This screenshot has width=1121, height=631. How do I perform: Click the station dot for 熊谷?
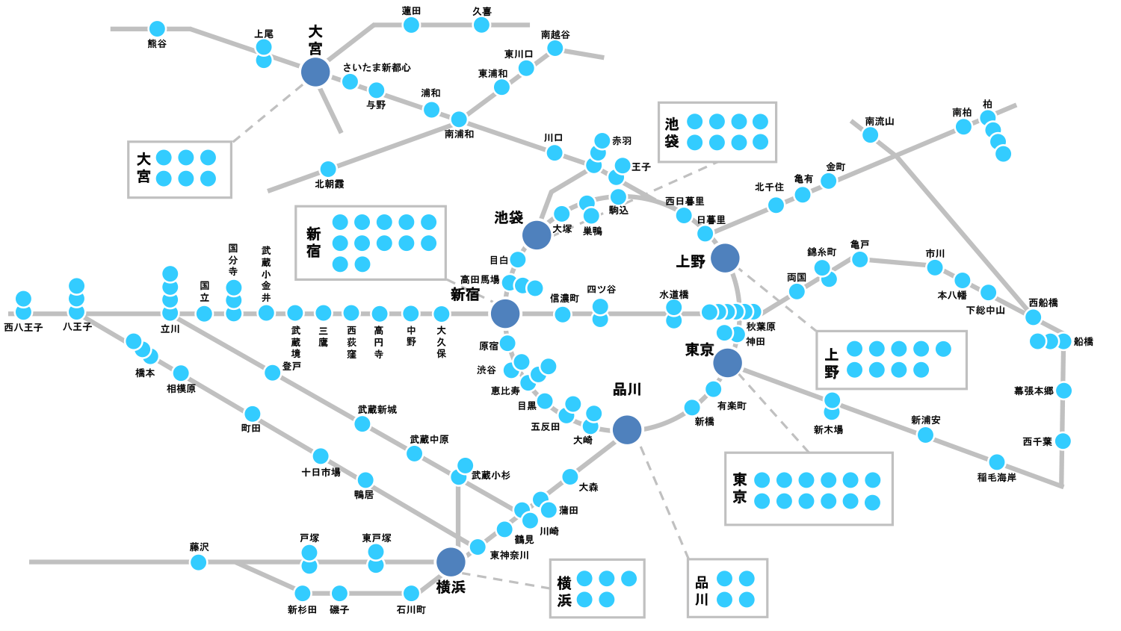click(x=157, y=29)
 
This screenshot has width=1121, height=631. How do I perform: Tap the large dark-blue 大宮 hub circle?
click(x=315, y=72)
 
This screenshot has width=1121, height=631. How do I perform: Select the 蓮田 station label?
click(x=411, y=11)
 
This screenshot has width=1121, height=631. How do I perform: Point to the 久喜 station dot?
click(x=481, y=25)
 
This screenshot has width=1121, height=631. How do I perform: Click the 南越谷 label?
click(x=555, y=34)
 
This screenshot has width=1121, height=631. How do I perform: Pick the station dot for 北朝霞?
click(x=328, y=170)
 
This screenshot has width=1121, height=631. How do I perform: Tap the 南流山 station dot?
click(x=870, y=135)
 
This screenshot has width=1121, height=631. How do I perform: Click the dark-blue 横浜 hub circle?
click(x=451, y=562)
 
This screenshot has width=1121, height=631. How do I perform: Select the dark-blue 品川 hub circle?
click(x=627, y=429)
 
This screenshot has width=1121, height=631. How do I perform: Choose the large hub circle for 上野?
click(x=725, y=258)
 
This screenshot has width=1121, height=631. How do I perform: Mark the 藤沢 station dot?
click(x=198, y=562)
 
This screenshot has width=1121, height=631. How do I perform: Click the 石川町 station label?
click(x=411, y=610)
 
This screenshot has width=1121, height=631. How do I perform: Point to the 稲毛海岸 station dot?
click(x=997, y=462)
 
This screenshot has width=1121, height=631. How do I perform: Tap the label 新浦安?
click(x=925, y=420)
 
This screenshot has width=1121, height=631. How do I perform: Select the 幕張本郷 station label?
click(x=1034, y=391)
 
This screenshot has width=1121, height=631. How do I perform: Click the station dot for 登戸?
click(x=273, y=372)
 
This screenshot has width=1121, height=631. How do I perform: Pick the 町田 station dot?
click(x=253, y=414)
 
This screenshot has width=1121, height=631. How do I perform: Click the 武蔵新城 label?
click(x=377, y=410)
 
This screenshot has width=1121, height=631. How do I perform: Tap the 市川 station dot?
click(x=935, y=267)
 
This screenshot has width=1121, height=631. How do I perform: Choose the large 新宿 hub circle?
click(x=505, y=314)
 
